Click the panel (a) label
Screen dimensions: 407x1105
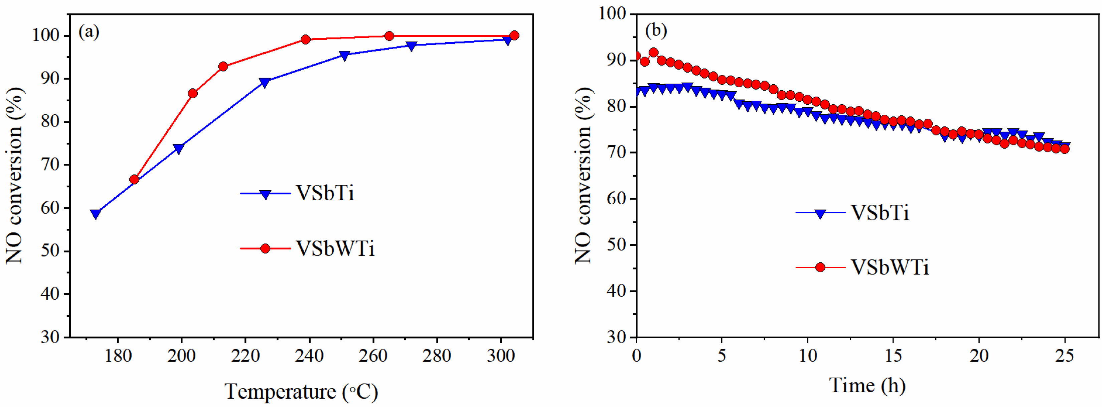[x=89, y=32]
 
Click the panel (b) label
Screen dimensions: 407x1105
[x=656, y=30]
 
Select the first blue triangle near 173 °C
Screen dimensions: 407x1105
[x=96, y=214]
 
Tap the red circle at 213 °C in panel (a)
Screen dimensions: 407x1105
[x=223, y=67]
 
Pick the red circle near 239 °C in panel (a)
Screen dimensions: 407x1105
[x=305, y=39]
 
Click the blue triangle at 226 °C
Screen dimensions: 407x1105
[x=265, y=82]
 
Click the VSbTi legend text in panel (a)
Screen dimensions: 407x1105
[x=325, y=193]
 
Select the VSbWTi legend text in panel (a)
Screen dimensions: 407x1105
[x=335, y=248]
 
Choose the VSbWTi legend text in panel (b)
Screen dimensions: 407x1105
[x=890, y=268]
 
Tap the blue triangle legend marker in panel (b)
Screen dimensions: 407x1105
[x=820, y=213]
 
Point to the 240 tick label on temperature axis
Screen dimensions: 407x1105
[x=309, y=356]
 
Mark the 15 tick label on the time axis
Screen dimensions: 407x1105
[x=893, y=356]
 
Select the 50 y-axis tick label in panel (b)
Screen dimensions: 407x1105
[x=617, y=245]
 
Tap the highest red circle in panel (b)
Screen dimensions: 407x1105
[x=654, y=53]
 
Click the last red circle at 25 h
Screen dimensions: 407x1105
[x=1064, y=149]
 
